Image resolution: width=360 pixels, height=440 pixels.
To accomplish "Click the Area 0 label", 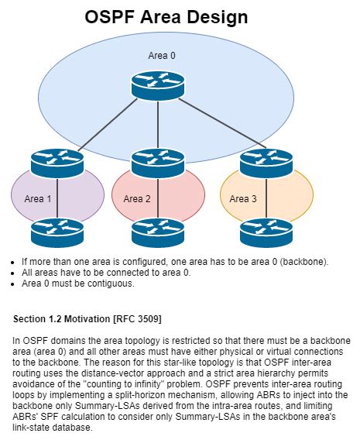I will tap(162, 55).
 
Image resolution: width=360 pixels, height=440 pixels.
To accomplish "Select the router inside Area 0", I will tap(157, 84).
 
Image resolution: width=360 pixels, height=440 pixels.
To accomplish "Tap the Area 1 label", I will tap(38, 199).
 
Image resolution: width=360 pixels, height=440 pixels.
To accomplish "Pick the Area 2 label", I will tap(136, 199).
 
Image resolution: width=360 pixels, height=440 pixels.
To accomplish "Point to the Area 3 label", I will tap(243, 199).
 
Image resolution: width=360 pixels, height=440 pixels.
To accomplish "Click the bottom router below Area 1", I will tap(57, 232).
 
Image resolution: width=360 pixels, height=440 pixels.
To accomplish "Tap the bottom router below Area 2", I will tap(157, 232).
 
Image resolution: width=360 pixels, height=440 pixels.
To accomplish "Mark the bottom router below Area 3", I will tap(266, 232).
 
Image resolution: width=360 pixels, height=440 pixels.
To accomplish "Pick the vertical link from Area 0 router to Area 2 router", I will tap(158, 124).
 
